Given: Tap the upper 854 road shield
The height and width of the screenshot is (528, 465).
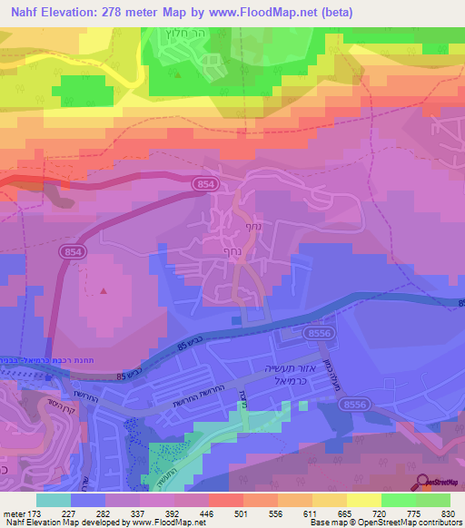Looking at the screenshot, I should click(x=204, y=184).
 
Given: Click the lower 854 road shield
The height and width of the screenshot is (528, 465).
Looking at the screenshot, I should click(x=75, y=249).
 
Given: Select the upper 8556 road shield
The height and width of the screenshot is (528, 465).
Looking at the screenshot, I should click(x=318, y=335).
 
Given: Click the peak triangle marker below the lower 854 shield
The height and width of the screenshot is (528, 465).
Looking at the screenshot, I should click(x=104, y=291).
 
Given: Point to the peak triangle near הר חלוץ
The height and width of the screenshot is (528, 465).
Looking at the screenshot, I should click(x=178, y=75).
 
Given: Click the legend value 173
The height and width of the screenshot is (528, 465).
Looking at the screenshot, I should click(x=37, y=513).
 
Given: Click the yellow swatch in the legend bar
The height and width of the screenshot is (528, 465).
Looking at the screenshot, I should click(x=362, y=500).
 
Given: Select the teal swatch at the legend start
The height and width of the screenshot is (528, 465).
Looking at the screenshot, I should click(x=54, y=500).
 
